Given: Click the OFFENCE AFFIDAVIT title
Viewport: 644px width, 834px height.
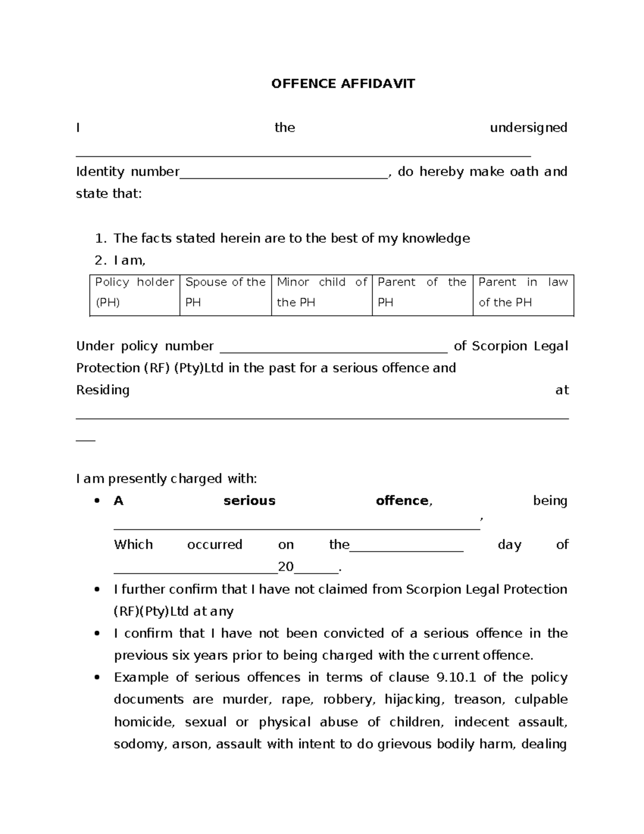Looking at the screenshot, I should tap(343, 84).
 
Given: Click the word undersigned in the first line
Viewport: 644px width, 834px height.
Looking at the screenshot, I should tap(528, 128).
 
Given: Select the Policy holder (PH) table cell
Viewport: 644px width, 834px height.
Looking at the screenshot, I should tap(135, 293).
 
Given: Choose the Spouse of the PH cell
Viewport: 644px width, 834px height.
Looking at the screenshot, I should tap(225, 293).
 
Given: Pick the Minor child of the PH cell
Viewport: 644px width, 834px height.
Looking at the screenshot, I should tap(321, 293).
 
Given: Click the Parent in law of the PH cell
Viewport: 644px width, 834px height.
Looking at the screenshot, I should tap(523, 293).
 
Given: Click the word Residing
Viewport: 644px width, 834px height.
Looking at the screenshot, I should tap(103, 390).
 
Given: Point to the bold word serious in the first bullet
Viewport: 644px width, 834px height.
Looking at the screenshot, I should tap(249, 501).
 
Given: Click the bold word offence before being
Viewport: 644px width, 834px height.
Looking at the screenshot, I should tap(402, 501).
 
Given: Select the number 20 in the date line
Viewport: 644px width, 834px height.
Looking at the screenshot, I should tap(286, 567).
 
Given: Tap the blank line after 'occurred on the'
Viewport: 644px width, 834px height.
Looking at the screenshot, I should tap(406, 547).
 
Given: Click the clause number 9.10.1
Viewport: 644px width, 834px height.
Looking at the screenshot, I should tap(457, 677).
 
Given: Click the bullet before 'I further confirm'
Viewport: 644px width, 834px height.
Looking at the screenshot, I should tap(97, 590).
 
